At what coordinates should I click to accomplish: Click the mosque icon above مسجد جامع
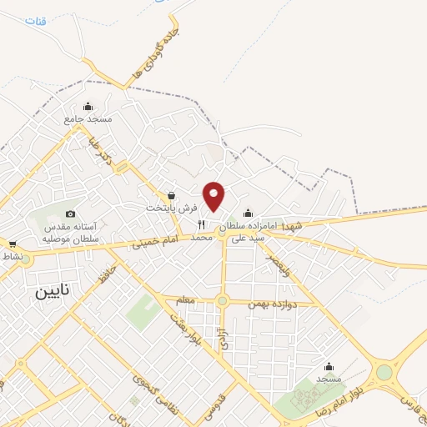point(88,106)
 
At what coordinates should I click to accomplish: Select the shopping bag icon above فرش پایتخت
point(172,194)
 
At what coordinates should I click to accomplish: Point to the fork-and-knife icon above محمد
point(201,225)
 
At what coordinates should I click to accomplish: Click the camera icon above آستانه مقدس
point(70,214)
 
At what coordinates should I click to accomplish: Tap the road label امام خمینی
point(157,243)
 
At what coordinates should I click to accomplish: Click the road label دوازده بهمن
point(273,303)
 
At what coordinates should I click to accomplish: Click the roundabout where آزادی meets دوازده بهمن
point(222,301)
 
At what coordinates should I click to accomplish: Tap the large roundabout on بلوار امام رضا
point(384,373)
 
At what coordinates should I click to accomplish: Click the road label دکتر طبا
point(105,153)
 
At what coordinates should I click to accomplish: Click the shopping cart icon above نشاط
point(12,244)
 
